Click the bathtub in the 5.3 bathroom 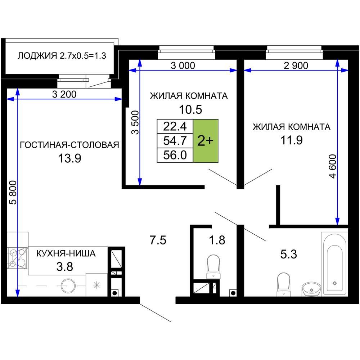[334, 264]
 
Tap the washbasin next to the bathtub [311, 289]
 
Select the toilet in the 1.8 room [213, 266]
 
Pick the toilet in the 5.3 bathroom [284, 284]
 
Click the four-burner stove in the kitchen [17, 258]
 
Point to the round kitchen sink [68, 285]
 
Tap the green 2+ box [206, 141]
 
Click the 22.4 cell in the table [175, 126]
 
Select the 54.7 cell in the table [175, 141]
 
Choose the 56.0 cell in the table [175, 155]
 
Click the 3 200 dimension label [64, 94]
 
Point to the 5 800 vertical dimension [13, 192]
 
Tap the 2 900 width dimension [296, 66]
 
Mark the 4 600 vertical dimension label [333, 166]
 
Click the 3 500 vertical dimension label [135, 122]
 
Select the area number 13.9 [69, 158]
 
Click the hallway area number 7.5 [158, 240]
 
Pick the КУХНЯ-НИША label [66, 253]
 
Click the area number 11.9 [292, 140]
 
